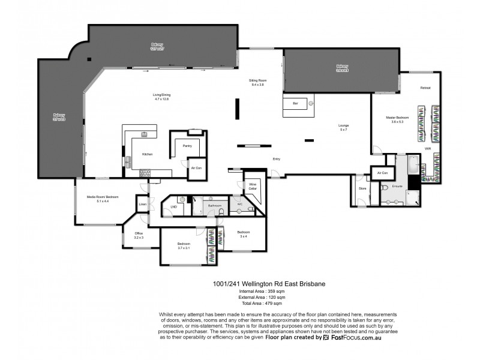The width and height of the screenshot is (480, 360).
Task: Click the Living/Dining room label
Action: pyautogui.click(x=161, y=94)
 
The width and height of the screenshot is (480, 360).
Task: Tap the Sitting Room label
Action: pyautogui.click(x=257, y=80)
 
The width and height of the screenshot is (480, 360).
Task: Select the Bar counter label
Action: pyautogui.click(x=295, y=104)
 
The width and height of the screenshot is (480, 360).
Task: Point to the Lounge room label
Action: pyautogui.click(x=343, y=125)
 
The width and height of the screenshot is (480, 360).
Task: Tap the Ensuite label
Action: pyautogui.click(x=397, y=186)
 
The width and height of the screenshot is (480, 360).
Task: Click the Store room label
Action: pyautogui.click(x=362, y=188)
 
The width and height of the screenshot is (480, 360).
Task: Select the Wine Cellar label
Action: pyautogui.click(x=253, y=186)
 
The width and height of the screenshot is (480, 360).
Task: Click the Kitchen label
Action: pyautogui.click(x=147, y=154)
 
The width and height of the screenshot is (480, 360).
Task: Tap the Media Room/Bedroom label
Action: pyautogui.click(x=103, y=197)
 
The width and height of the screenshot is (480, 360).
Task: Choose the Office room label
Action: pyautogui.click(x=139, y=233)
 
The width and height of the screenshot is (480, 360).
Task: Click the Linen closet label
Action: pyautogui.click(x=142, y=205)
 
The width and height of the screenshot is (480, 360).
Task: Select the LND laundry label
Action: pyautogui.click(x=173, y=207)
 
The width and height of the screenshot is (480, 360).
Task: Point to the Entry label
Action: pyautogui.click(x=276, y=159)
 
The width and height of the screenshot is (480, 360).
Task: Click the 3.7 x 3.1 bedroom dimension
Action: pyautogui.click(x=184, y=248)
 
